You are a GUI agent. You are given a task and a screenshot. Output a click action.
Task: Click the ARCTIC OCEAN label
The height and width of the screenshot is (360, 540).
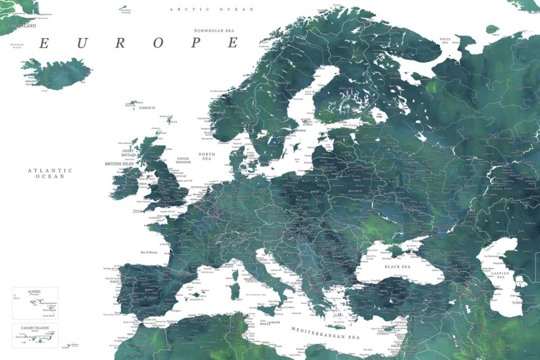212,9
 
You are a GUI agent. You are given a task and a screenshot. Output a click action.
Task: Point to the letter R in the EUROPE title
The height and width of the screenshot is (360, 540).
119,43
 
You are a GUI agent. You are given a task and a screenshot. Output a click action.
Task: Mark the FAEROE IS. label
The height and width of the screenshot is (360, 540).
147,108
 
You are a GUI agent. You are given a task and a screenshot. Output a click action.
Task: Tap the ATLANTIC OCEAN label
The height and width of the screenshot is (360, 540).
50,173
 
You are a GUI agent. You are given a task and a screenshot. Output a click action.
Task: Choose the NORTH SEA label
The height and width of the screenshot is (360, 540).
207,157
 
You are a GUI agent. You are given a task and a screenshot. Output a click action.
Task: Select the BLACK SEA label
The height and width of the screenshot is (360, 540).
397,267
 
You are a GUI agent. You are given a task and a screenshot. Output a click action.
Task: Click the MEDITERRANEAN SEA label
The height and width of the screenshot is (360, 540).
325,333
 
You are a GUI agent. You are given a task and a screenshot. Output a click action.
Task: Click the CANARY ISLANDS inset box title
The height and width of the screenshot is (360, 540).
35,328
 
